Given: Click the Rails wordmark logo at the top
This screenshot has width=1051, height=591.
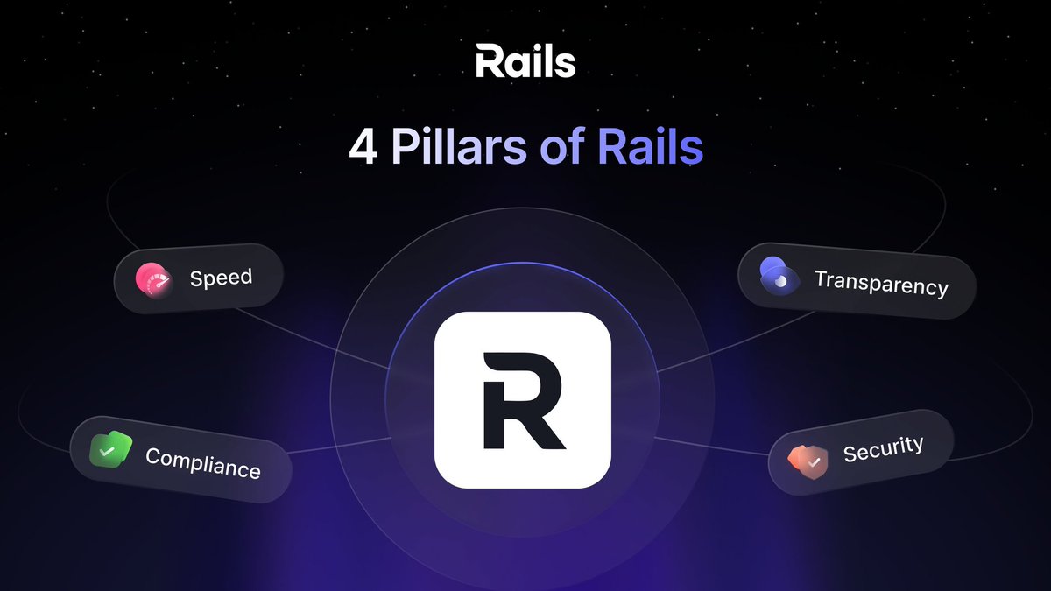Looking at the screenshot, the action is click(x=525, y=62).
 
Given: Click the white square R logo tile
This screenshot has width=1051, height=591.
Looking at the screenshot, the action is click(x=522, y=399).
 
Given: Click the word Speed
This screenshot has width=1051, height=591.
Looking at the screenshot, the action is click(x=221, y=278).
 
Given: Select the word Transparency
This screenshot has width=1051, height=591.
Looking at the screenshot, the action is click(x=881, y=282).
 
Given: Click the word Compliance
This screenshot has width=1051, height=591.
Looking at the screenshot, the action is click(x=203, y=462).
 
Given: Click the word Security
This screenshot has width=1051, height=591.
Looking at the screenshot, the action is click(x=883, y=448).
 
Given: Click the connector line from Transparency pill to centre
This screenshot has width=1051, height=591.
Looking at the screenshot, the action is click(x=701, y=355).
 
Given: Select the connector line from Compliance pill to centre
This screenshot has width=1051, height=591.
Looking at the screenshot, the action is click(x=342, y=447).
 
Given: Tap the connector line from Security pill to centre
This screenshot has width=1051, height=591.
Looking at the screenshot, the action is click(x=709, y=445).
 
